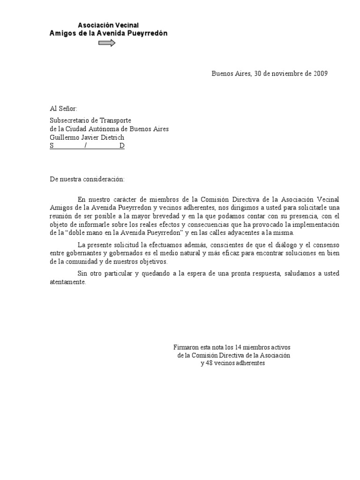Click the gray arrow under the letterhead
coord(107,43)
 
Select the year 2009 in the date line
coord(320,74)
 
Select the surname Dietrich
coord(112,137)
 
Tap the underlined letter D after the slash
coord(122,146)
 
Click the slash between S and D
coord(85,146)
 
